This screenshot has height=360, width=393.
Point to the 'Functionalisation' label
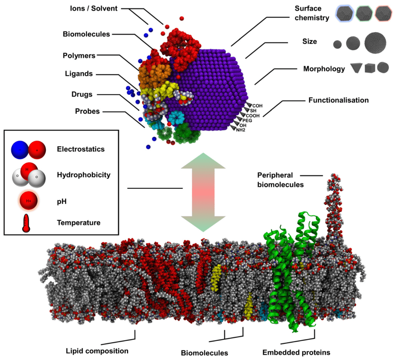[x=339, y=101]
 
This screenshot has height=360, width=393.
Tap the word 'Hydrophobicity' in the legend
[x=83, y=175]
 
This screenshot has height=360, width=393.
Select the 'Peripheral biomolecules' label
[x=281, y=180]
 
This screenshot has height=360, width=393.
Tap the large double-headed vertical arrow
[x=203, y=192]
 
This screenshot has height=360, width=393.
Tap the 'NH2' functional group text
[x=241, y=130]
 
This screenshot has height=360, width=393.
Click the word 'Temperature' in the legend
[x=78, y=223]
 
